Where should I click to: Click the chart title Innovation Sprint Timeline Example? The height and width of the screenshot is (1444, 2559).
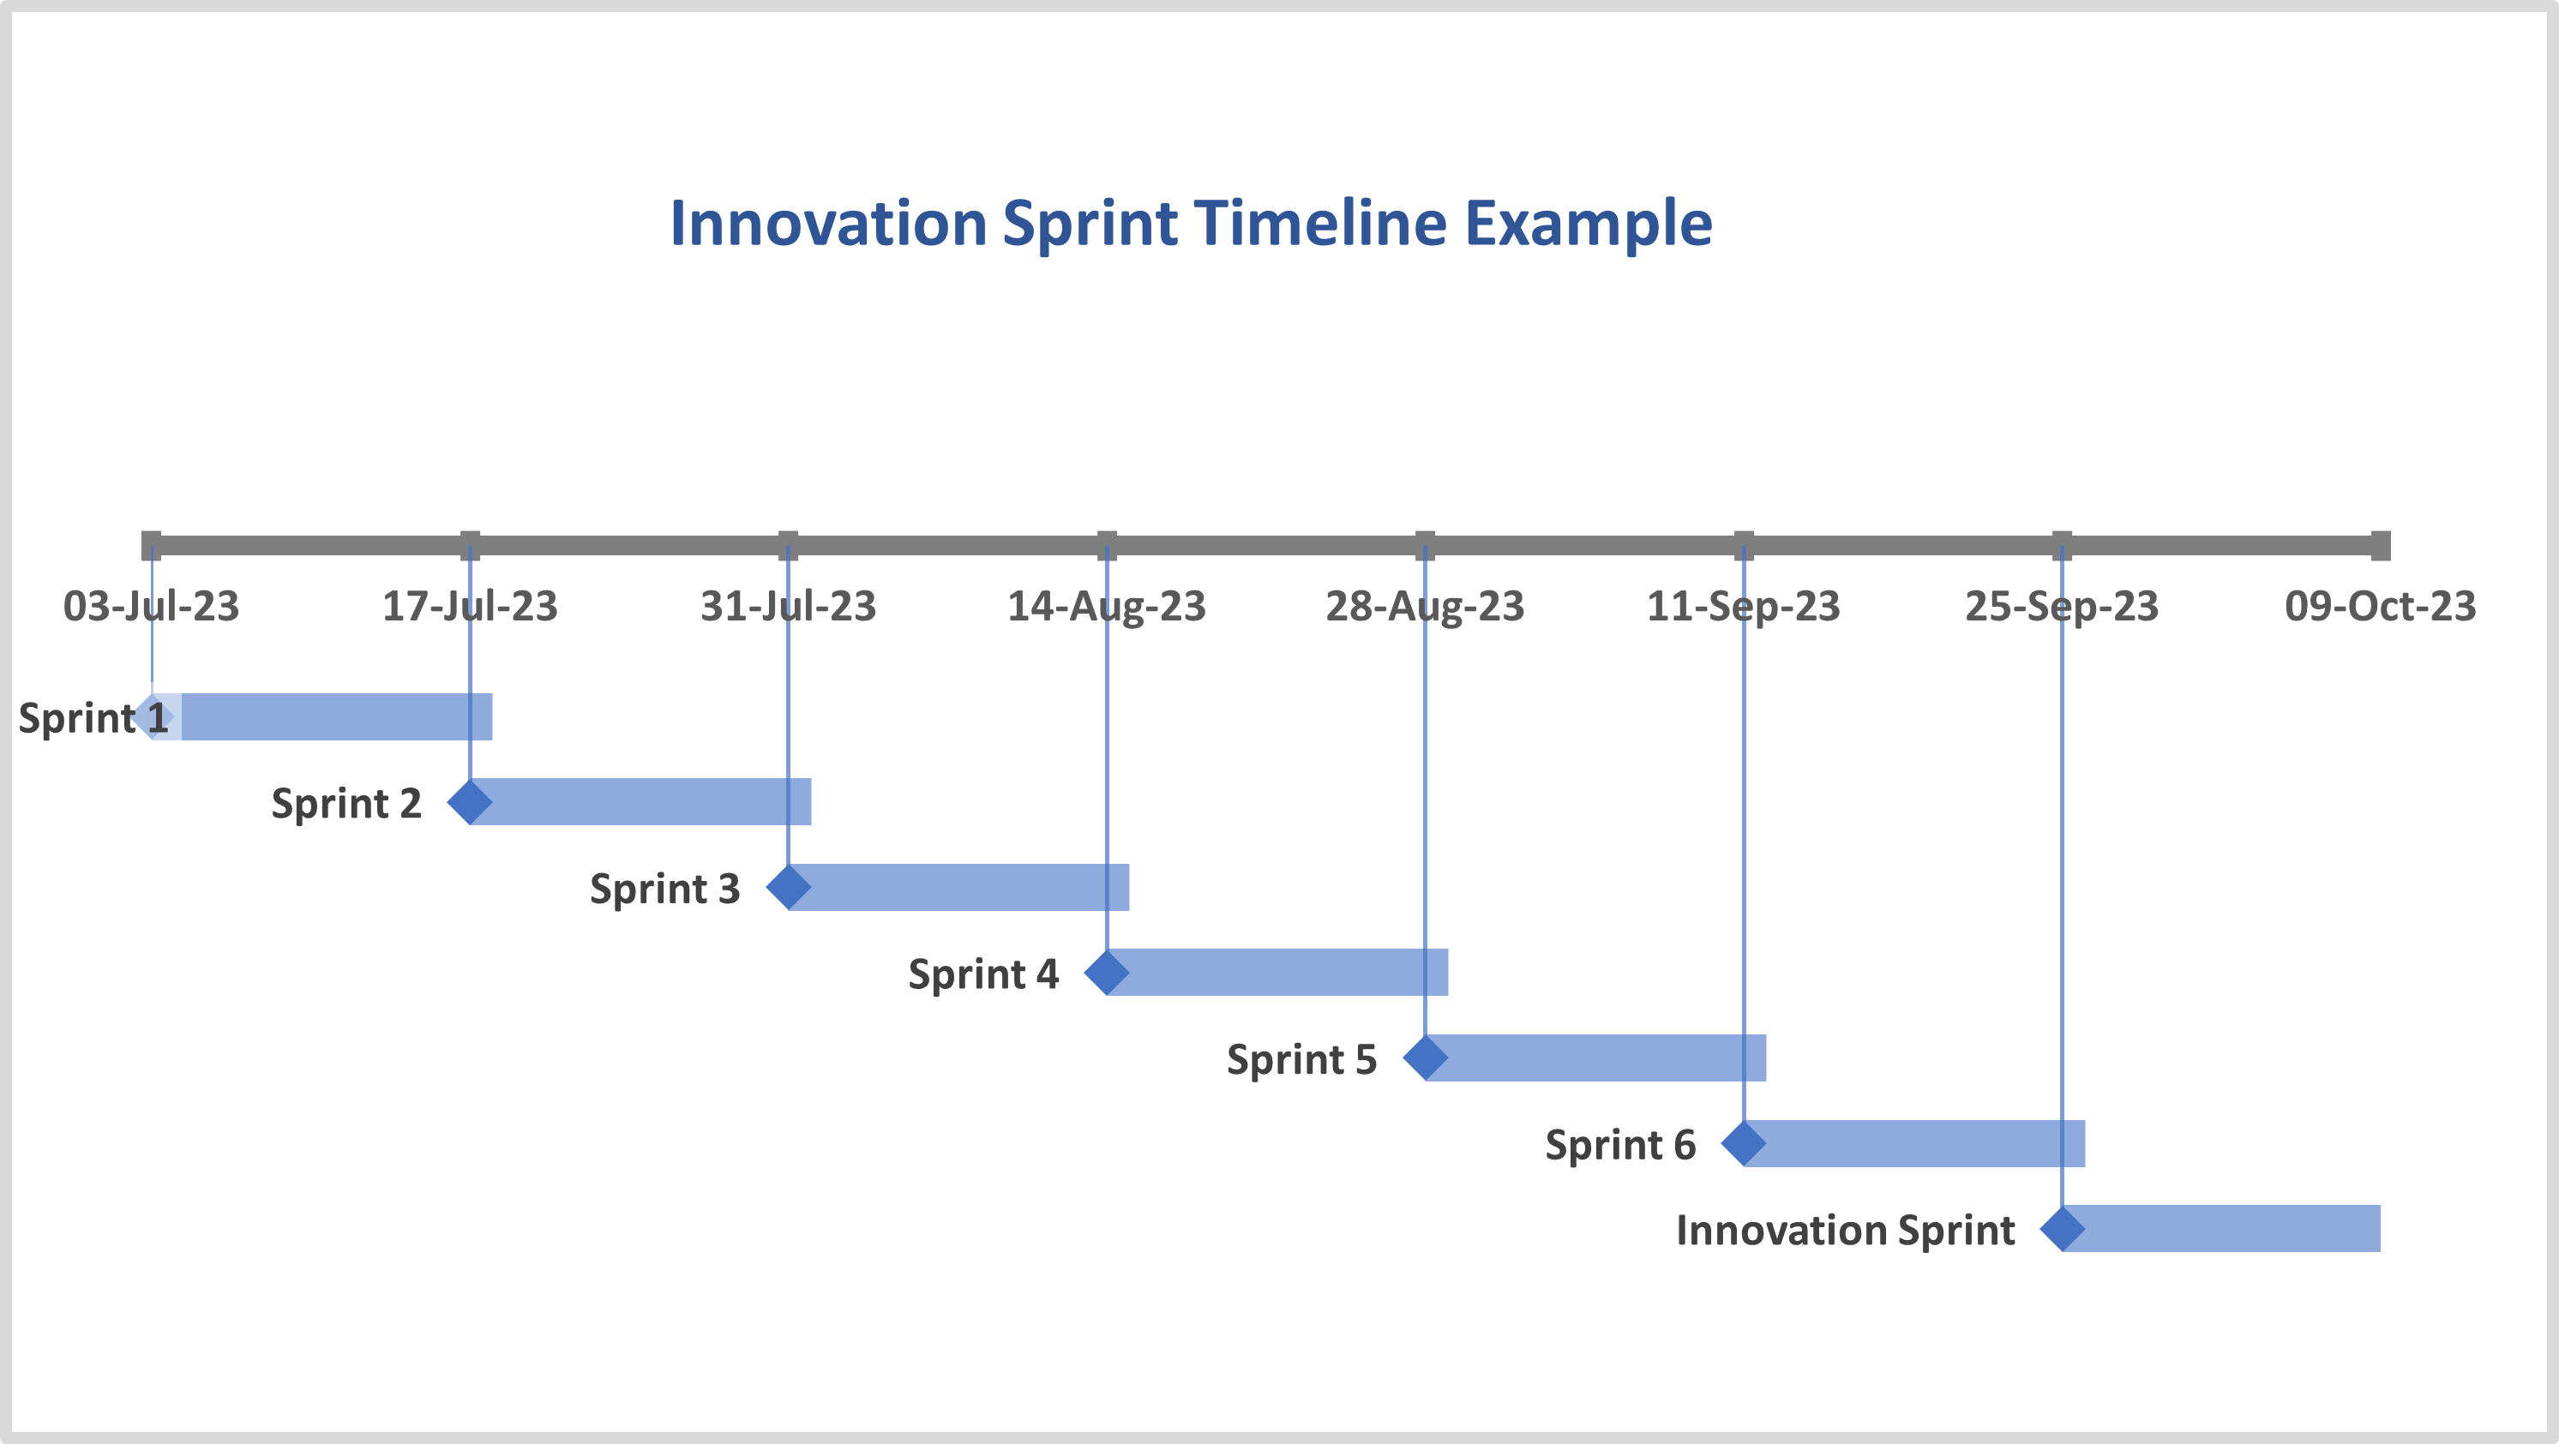tap(1191, 225)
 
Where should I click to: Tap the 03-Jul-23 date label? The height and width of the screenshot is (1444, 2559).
tap(151, 606)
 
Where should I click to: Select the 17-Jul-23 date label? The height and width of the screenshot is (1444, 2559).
tap(470, 606)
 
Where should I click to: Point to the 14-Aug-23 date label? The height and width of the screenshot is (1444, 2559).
tap(1107, 606)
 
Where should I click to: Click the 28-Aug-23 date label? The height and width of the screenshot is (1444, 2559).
tap(1425, 606)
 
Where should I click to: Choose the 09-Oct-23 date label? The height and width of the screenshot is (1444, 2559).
tap(2380, 606)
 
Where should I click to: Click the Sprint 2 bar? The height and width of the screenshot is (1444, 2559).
tap(640, 801)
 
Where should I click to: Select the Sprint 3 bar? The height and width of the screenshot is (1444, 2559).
tap(958, 887)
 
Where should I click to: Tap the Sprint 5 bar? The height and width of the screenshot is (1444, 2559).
tap(1595, 1058)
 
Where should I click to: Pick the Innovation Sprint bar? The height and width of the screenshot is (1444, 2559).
tap(2221, 1229)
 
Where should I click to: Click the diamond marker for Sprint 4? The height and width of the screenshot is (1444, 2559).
tap(1107, 973)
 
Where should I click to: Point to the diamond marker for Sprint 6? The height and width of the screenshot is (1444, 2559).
tap(1744, 1143)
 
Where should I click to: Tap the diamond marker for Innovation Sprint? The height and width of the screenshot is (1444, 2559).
tap(2063, 1229)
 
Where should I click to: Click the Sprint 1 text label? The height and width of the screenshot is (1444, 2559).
tap(93, 718)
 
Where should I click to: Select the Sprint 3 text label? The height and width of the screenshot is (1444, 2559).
tap(664, 889)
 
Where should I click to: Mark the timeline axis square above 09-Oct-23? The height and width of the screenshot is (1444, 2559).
tap(2380, 545)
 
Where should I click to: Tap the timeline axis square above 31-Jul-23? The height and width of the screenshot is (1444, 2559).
tap(788, 545)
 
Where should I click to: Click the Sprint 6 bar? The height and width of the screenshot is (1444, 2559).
tap(1914, 1143)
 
